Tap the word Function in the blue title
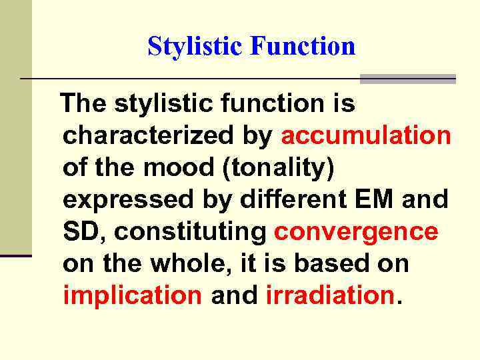pos(303,47)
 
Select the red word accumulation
pos(366,135)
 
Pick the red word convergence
pos(356,232)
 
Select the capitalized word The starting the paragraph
pos(84,104)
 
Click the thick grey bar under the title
pos(407,79)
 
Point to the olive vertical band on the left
pos(15,133)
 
